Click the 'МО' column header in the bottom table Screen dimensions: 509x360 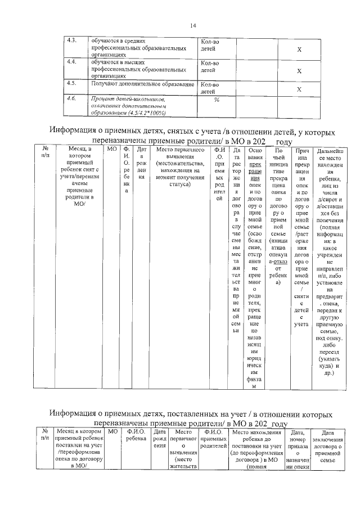click(112, 431)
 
